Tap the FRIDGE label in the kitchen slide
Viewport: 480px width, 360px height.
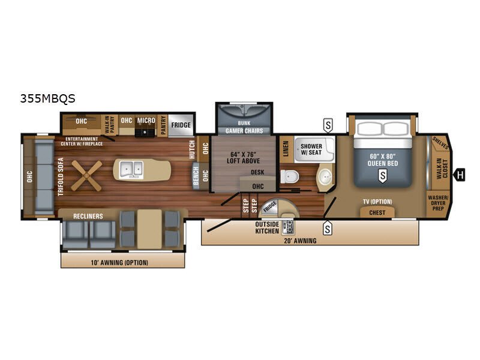click(x=181, y=125)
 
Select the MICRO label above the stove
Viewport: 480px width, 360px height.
click(x=146, y=120)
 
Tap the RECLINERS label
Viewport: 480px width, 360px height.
click(x=88, y=215)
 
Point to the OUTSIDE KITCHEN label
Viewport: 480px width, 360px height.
click(x=266, y=227)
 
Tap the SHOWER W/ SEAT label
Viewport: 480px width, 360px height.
click(x=311, y=149)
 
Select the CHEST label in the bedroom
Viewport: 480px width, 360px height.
click(x=377, y=212)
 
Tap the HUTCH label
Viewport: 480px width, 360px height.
click(x=192, y=149)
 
